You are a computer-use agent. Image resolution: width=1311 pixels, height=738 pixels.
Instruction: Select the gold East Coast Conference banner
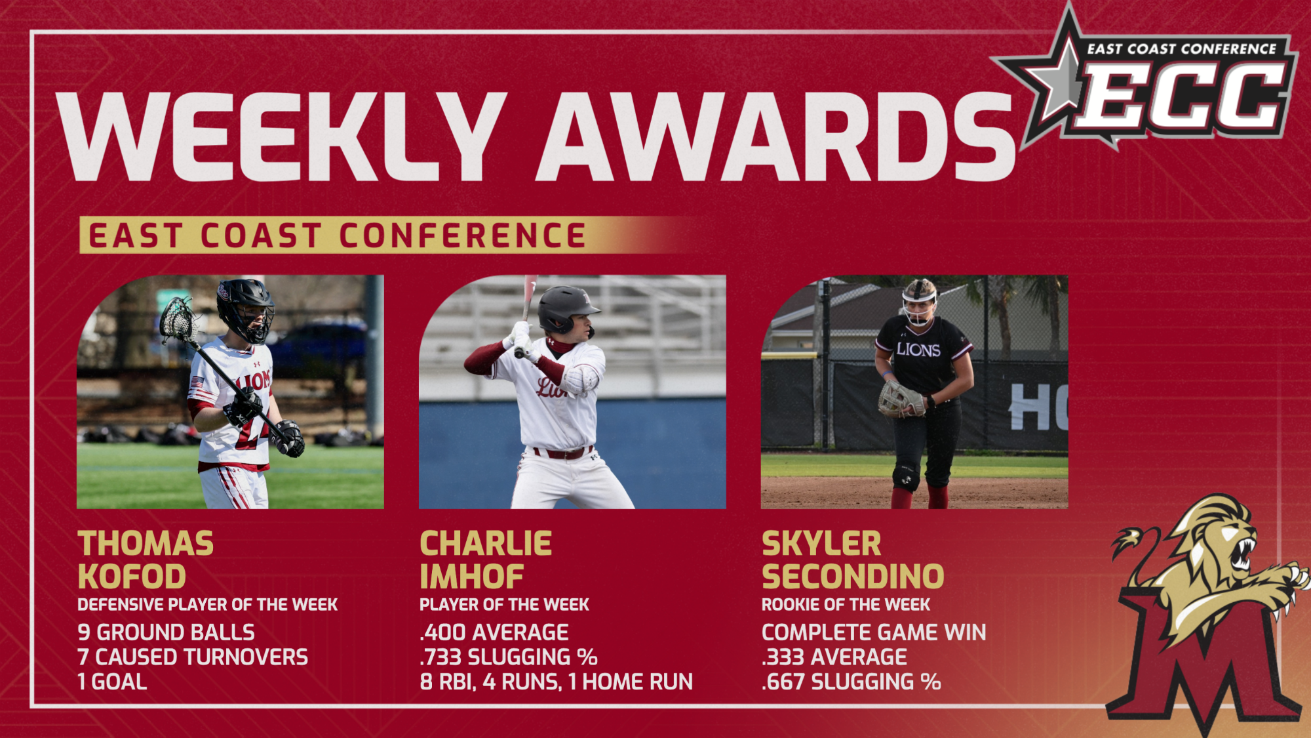click(387, 236)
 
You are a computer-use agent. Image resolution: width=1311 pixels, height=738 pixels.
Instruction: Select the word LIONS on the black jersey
click(918, 350)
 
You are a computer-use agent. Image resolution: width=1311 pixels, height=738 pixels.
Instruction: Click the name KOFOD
click(132, 577)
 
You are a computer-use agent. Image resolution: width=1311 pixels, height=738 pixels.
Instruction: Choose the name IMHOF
click(471, 577)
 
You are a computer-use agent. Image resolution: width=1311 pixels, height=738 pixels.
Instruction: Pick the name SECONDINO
click(853, 577)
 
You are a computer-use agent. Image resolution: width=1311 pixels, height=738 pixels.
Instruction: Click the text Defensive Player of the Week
click(208, 605)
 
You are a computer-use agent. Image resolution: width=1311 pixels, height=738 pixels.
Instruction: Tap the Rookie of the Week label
click(846, 605)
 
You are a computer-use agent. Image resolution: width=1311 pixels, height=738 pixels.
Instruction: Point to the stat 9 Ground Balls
click(166, 632)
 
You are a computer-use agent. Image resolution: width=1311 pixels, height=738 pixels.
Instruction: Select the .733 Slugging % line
click(509, 657)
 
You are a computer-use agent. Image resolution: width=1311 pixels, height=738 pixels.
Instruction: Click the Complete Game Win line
click(874, 632)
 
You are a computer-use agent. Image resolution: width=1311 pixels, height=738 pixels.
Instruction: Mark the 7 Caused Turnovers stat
click(193, 657)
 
